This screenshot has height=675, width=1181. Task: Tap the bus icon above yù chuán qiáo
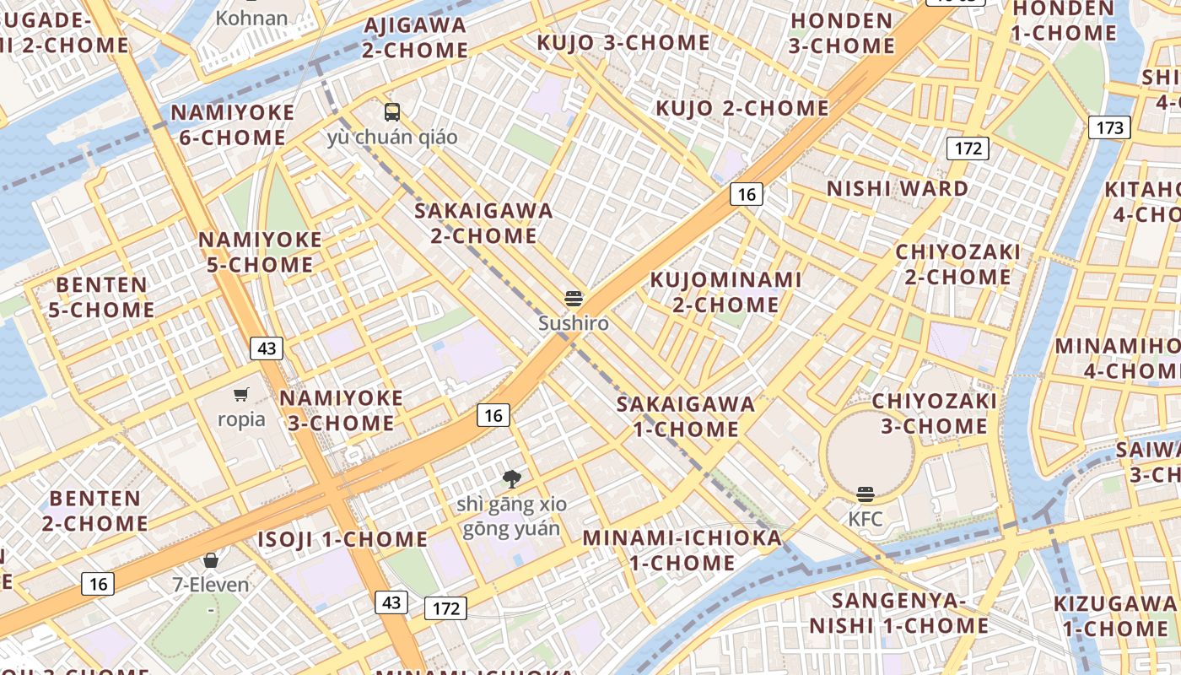(x=391, y=111)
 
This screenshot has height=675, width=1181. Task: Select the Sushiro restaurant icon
(x=574, y=298)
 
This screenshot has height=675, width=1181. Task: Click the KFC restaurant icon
(x=865, y=494)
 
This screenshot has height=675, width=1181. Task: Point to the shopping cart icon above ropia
(x=241, y=394)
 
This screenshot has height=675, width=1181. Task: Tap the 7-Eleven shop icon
(x=211, y=560)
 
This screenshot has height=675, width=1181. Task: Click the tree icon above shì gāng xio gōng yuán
(x=511, y=479)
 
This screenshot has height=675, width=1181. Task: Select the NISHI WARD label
(x=898, y=188)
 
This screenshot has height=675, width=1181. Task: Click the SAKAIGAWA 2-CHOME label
(x=483, y=223)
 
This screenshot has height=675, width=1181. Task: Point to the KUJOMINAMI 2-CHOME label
(x=725, y=291)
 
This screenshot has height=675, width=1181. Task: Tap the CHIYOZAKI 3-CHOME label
(x=934, y=413)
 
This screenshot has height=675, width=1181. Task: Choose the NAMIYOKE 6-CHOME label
(x=233, y=125)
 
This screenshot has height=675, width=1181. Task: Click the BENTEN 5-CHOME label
(x=101, y=297)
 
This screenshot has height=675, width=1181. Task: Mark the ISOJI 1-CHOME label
(x=342, y=539)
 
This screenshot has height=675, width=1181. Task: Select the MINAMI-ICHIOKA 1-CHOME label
(x=682, y=550)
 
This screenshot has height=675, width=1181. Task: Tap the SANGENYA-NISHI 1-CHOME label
(x=899, y=613)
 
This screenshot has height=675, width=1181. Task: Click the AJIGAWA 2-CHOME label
(x=415, y=38)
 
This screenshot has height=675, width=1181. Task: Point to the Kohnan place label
(x=251, y=18)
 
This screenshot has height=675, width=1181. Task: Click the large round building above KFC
(x=870, y=451)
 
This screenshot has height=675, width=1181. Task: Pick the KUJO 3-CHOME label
(x=623, y=42)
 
